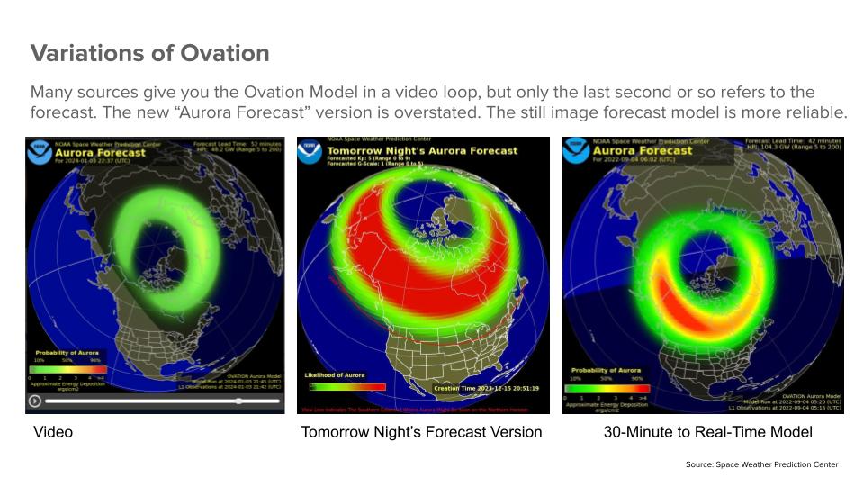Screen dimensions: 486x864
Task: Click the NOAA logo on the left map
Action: [x=40, y=151]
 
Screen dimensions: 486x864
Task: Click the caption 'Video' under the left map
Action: [x=53, y=433]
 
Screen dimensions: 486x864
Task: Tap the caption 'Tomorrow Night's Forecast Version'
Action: [x=421, y=433]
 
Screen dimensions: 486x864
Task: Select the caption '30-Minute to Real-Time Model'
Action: [x=707, y=433]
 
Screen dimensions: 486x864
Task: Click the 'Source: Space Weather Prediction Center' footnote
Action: [x=761, y=464]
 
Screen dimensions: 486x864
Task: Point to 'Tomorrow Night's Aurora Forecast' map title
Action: [x=421, y=150]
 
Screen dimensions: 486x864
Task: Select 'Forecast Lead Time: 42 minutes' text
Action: [x=793, y=141]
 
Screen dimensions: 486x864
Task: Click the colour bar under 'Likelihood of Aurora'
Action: [x=347, y=387]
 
